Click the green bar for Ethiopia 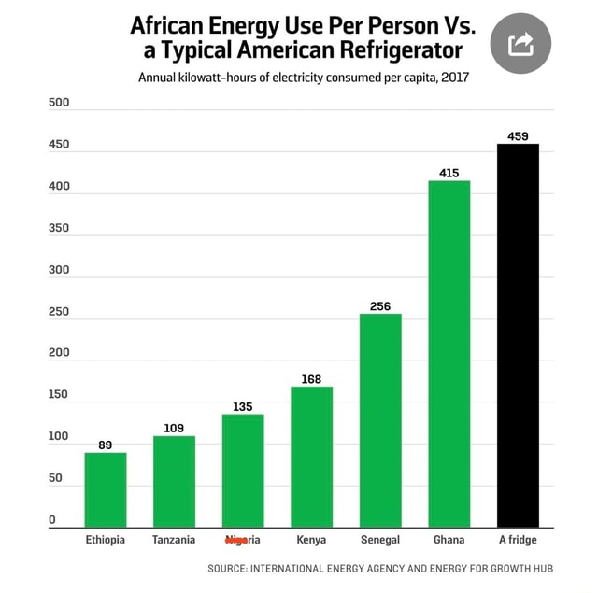(105, 490)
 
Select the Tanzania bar (174, 482)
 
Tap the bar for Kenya (311, 457)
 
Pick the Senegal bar (380, 420)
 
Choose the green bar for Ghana (448, 354)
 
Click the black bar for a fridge (518, 336)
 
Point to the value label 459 (518, 136)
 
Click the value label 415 (448, 173)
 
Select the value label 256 (380, 306)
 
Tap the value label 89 (105, 445)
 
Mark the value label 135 (243, 406)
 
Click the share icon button (520, 43)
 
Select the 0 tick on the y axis (52, 520)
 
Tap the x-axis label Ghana (448, 540)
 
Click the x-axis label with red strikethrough (243, 540)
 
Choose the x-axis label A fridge (518, 540)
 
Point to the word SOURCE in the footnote (226, 568)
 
